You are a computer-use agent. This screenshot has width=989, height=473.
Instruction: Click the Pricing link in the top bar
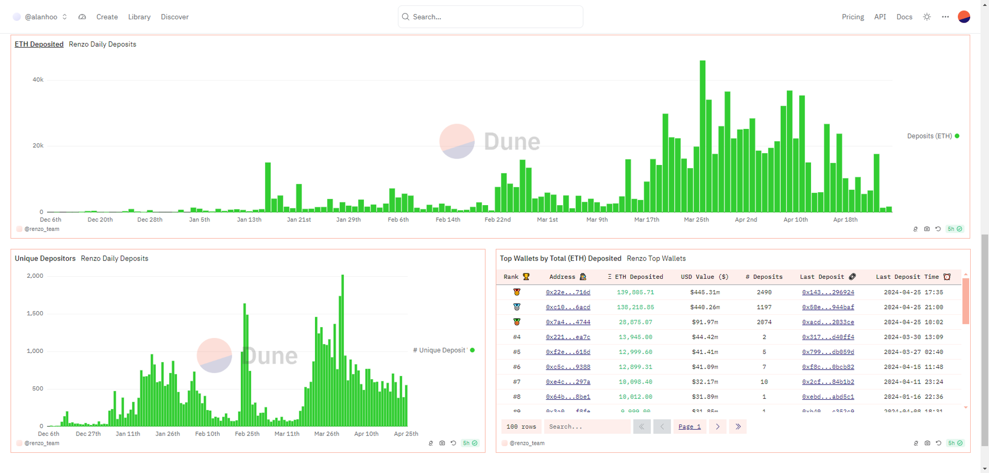[x=853, y=17]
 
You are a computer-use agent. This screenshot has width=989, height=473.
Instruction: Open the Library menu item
[x=139, y=17]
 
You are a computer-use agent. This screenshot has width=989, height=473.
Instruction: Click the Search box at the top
[x=490, y=17]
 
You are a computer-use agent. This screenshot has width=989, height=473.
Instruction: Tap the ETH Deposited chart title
[x=39, y=44]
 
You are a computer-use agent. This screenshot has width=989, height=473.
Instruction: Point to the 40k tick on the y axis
[x=38, y=80]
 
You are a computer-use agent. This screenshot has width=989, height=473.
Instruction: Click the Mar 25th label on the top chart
[x=696, y=219]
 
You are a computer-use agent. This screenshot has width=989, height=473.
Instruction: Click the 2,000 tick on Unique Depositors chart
[x=35, y=276]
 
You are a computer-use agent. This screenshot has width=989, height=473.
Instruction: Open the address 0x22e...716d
[x=568, y=292]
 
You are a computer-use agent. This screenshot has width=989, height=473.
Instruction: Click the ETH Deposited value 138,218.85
[x=635, y=307]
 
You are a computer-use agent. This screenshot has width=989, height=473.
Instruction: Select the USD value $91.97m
[x=705, y=322]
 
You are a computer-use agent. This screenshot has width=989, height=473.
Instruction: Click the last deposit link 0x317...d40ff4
[x=828, y=337]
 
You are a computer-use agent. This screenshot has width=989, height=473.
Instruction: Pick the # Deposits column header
[x=764, y=277]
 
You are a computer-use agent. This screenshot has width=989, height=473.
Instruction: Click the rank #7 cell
[x=516, y=382]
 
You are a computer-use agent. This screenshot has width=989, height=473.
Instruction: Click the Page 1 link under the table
[x=689, y=427]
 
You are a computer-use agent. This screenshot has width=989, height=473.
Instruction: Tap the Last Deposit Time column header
[x=907, y=277]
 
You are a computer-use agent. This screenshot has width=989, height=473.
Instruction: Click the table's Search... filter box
[x=586, y=427]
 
